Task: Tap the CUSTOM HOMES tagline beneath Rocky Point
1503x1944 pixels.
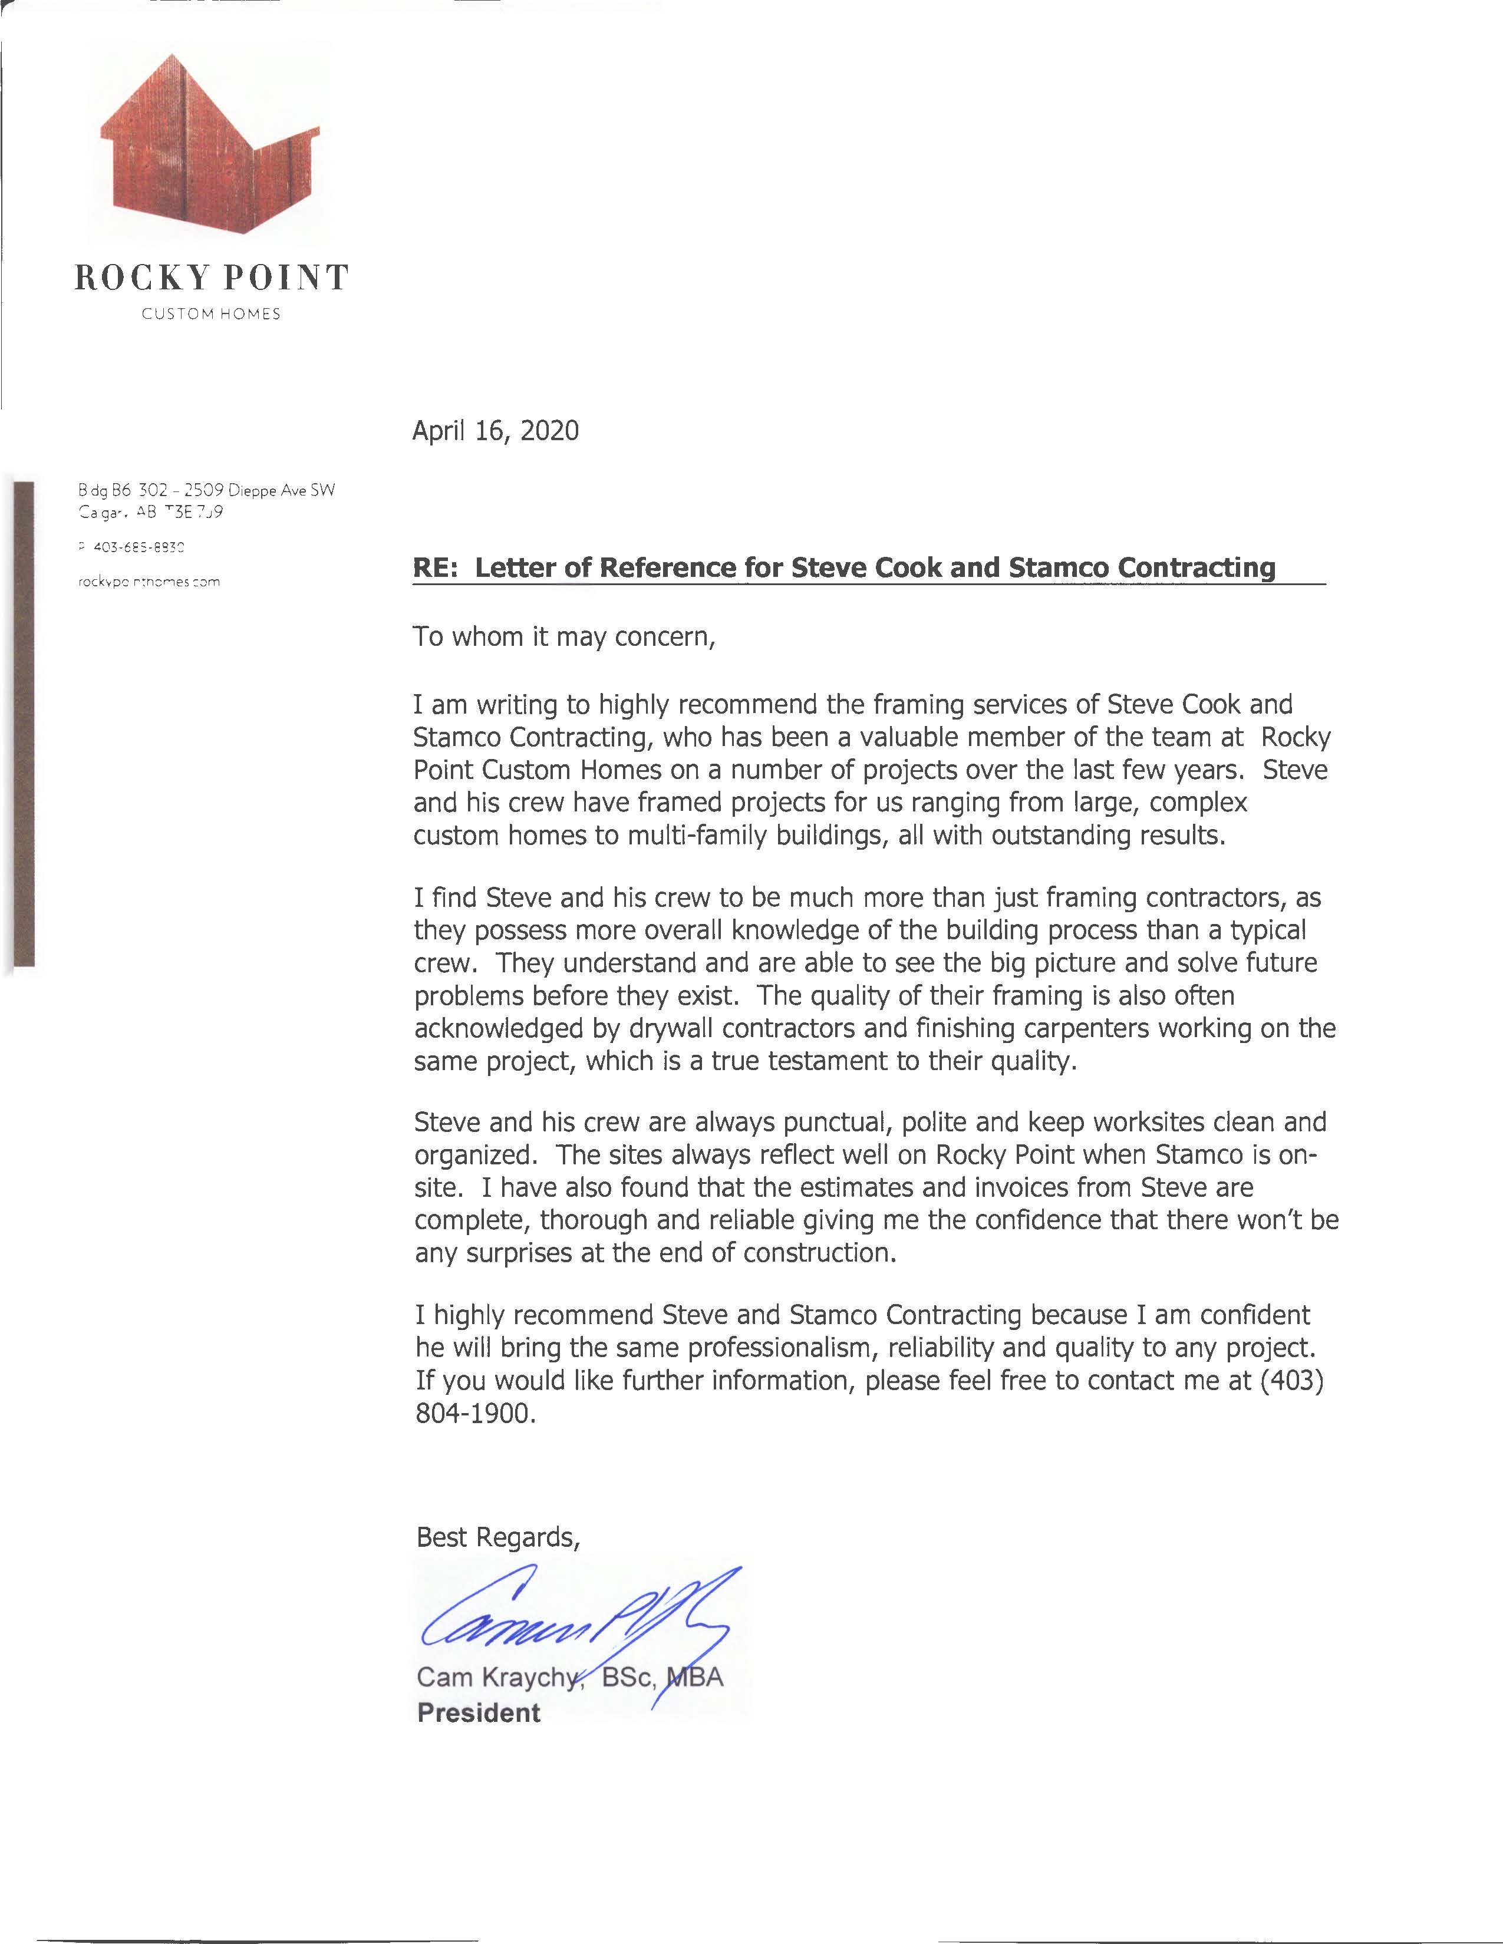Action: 211,314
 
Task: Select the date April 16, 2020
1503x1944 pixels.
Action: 495,431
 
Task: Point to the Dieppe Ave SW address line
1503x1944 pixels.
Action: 206,490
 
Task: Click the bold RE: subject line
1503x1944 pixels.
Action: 843,568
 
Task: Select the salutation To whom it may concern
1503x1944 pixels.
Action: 563,638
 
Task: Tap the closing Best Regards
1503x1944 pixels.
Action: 497,1537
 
